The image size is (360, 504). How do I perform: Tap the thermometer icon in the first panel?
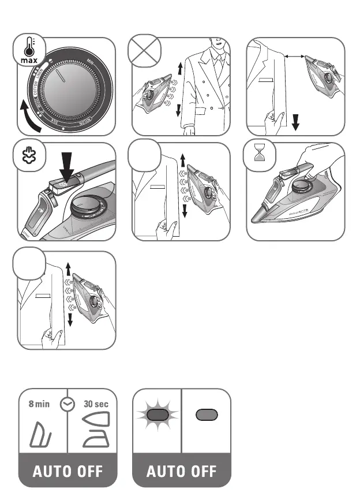click(x=27, y=46)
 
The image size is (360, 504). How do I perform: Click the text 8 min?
click(x=39, y=405)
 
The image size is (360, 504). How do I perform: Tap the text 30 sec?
click(x=96, y=405)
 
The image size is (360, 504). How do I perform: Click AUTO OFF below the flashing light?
click(x=182, y=472)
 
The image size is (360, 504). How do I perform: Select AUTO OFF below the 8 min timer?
click(x=67, y=472)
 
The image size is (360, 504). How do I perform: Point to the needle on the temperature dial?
click(x=64, y=80)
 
